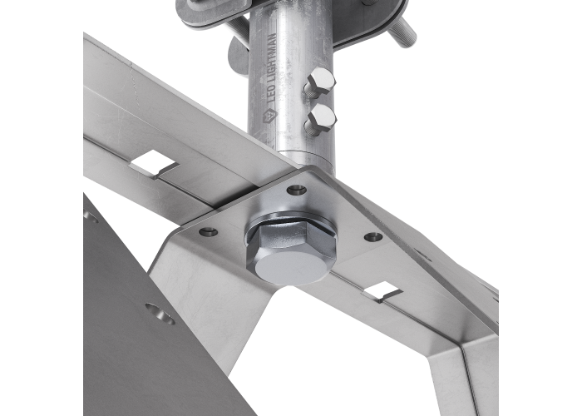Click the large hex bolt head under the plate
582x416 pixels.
291,255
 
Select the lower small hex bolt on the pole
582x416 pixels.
321,119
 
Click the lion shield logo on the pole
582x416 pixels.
269,116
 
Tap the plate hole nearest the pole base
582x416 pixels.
297,191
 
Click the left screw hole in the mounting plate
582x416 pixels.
209,232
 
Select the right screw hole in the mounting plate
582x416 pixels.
373,236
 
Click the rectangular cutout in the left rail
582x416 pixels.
153,164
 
